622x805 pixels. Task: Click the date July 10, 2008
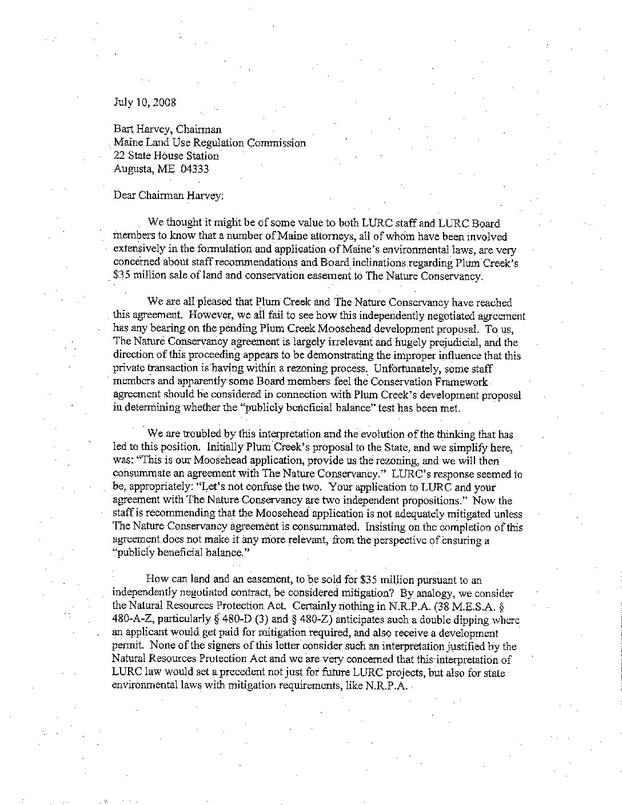pos(145,103)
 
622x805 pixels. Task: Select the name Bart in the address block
pos(123,130)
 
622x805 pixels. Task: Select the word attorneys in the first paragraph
pos(330,236)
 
